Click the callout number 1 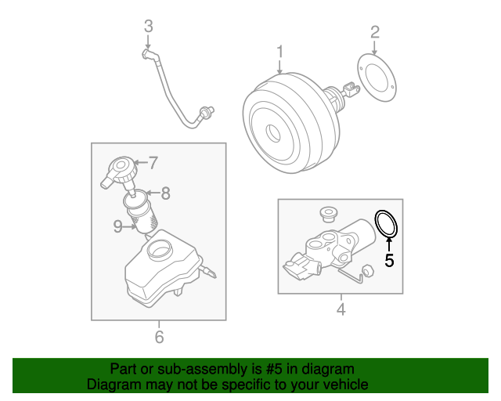tap(279, 52)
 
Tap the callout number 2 tap(375, 32)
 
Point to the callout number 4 tap(341, 310)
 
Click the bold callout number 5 tap(388, 261)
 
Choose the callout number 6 tap(159, 338)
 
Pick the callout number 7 tap(153, 164)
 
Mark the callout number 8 tap(165, 191)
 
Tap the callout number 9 tap(117, 226)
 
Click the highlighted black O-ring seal tap(387, 223)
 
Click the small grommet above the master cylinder tap(328, 214)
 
